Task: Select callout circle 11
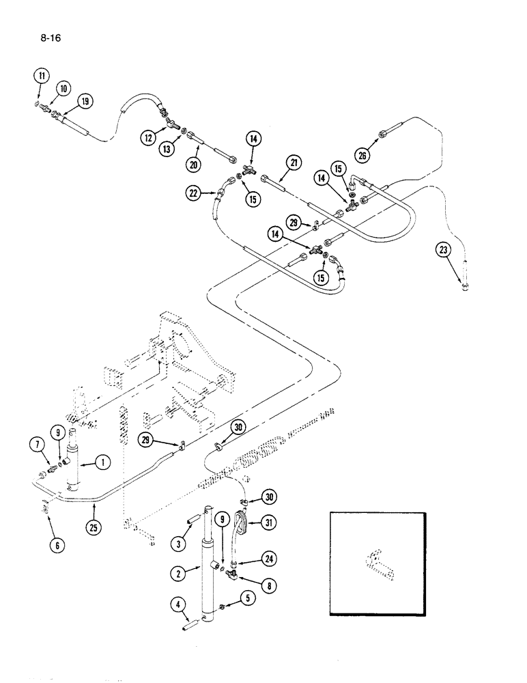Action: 42,76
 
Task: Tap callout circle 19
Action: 85,102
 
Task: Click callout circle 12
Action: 149,137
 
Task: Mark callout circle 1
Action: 102,462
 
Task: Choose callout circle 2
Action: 177,574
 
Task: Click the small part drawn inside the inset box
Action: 380,562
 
